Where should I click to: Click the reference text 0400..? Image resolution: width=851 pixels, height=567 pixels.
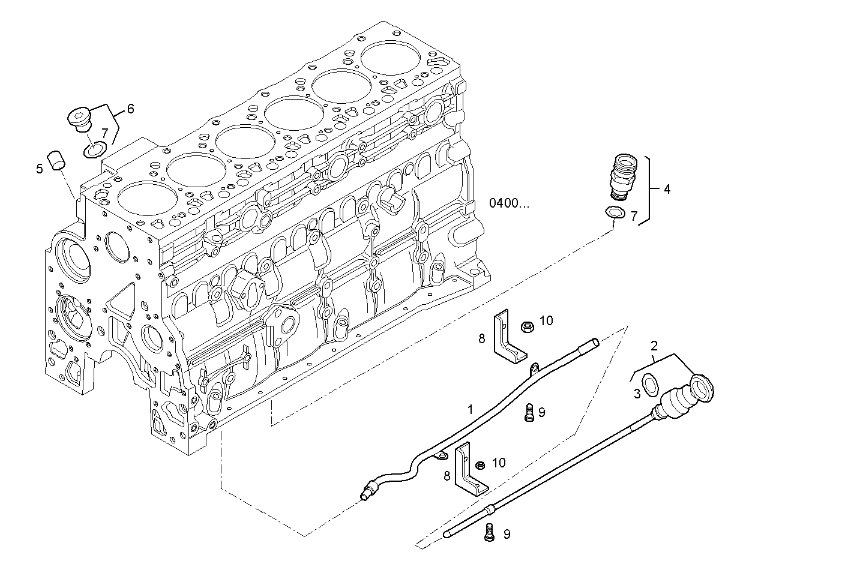click(509, 203)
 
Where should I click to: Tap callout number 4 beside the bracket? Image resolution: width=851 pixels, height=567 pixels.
click(667, 190)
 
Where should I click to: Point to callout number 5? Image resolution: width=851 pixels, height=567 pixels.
click(40, 169)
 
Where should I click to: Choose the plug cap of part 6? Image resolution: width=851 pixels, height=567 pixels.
click(79, 118)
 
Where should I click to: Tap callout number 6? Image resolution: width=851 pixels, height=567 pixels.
click(130, 109)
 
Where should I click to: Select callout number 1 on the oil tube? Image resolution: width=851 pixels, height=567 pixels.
click(471, 409)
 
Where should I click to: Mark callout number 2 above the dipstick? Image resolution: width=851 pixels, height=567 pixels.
click(654, 346)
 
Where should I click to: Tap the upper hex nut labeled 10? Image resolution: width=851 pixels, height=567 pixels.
click(527, 326)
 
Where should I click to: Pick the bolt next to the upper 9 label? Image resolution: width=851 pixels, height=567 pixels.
click(528, 412)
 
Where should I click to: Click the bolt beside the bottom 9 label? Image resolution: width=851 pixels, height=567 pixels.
click(490, 533)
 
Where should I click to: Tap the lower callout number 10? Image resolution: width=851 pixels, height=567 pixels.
click(499, 463)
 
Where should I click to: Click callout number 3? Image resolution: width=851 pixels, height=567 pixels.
click(637, 393)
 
